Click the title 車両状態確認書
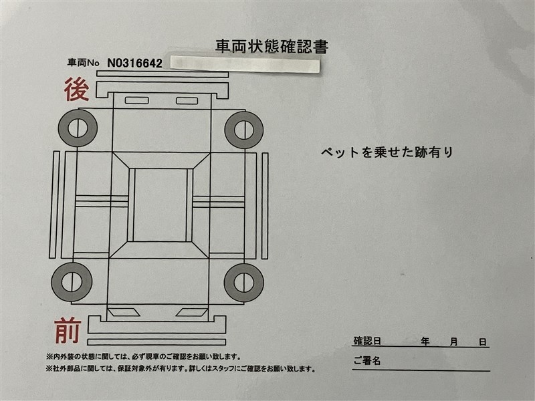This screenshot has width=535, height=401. tap(272, 47)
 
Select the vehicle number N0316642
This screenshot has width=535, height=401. tap(135, 63)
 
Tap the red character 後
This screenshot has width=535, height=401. tap(76, 90)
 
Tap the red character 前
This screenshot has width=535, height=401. tap(68, 330)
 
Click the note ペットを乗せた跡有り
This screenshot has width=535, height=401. tap(387, 152)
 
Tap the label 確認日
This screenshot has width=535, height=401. tap(367, 341)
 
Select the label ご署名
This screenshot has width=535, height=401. tap(366, 360)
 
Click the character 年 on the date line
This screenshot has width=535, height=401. tap(425, 341)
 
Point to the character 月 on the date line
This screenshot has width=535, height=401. tap(453, 342)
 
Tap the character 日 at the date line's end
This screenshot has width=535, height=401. tap(482, 342)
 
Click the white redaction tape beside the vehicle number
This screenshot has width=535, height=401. tap(245, 63)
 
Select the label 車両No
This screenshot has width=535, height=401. tap(83, 63)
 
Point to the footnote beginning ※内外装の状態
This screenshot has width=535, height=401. tap(143, 357)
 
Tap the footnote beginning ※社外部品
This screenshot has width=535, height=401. tap(181, 369)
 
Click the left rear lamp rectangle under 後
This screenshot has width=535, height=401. tap(137, 100)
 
